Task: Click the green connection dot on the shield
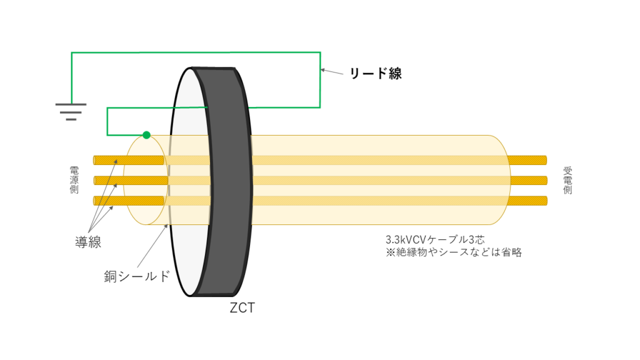click(146, 135)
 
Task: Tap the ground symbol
click(71, 111)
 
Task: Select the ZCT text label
click(242, 308)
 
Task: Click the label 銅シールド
click(137, 276)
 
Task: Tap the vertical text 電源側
click(74, 180)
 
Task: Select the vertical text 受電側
click(567, 180)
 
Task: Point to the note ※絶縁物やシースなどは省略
click(454, 253)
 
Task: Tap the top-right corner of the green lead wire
click(321, 53)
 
